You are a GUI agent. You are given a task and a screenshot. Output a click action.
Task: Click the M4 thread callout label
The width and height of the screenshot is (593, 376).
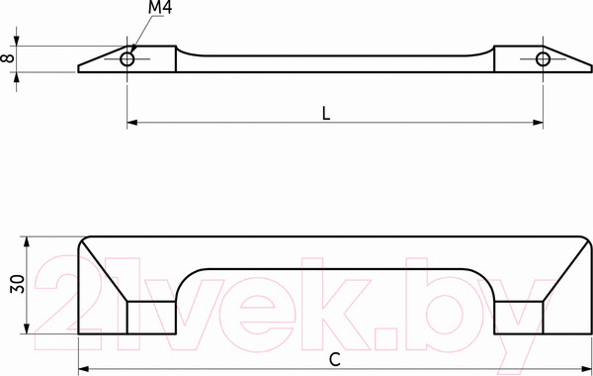point(160,8)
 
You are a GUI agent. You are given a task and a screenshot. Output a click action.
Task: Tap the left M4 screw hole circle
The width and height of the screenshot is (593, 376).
point(127,59)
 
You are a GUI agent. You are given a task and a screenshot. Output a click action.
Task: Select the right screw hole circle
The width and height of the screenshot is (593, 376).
point(543,59)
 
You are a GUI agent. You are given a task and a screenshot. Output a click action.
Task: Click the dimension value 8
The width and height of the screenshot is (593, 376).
point(8,58)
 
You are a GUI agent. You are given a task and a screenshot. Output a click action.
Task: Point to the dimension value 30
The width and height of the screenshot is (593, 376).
point(18,284)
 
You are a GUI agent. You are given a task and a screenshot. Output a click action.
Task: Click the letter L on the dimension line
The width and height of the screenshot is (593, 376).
point(326,113)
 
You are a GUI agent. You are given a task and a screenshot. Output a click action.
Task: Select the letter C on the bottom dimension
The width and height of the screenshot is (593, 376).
point(335,360)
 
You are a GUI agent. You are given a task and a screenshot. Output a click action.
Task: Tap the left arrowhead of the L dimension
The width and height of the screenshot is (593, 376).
point(132,123)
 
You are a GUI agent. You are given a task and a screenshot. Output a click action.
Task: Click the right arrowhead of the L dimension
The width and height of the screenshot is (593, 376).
point(539,123)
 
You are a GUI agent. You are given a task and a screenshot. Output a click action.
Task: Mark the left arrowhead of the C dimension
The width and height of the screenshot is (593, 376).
point(83,369)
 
